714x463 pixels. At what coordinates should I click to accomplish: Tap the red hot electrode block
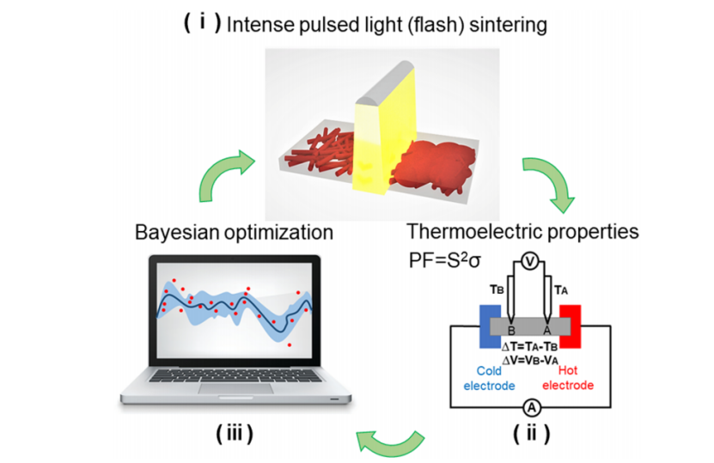(571, 326)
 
